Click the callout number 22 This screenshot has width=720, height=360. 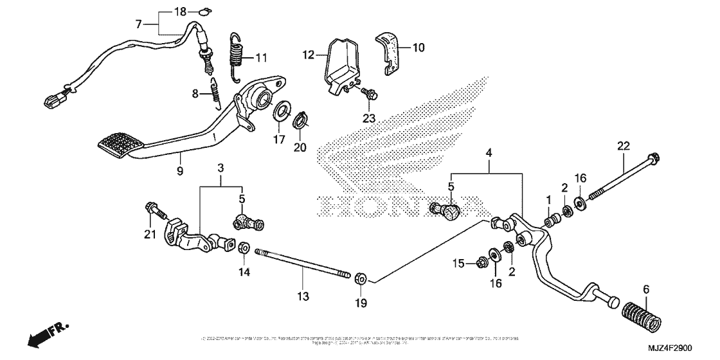(x=622, y=147)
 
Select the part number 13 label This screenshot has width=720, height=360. (x=303, y=296)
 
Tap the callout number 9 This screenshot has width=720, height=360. (x=180, y=171)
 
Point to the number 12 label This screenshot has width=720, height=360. (x=309, y=55)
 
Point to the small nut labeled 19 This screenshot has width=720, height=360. (x=361, y=278)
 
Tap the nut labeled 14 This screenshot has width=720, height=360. (x=244, y=248)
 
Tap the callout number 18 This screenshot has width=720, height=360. (x=181, y=12)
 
